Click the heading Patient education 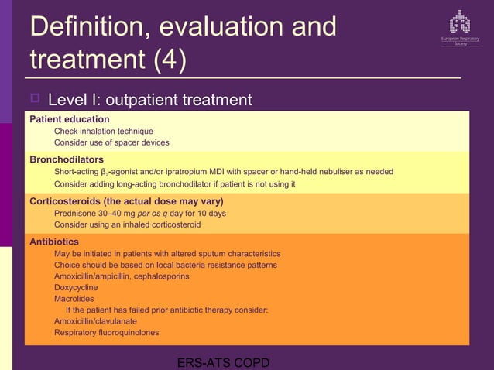point(69,119)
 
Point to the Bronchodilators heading point(67,159)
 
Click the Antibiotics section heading point(53,242)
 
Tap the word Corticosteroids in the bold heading point(67,200)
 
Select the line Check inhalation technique point(103,132)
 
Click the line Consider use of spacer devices point(111,142)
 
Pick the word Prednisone point(77,213)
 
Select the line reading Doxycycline point(76,287)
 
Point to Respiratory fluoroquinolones point(106,333)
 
